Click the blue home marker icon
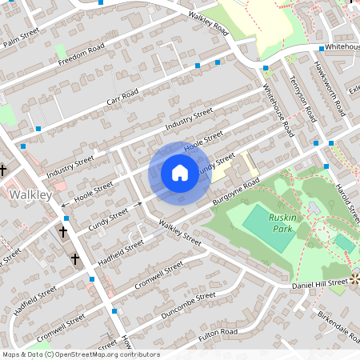click(x=179, y=173)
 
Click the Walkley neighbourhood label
click(x=30, y=194)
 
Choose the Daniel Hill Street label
click(x=319, y=282)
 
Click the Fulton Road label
click(x=218, y=331)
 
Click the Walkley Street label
click(x=179, y=233)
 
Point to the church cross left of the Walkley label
click(x=3, y=170)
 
